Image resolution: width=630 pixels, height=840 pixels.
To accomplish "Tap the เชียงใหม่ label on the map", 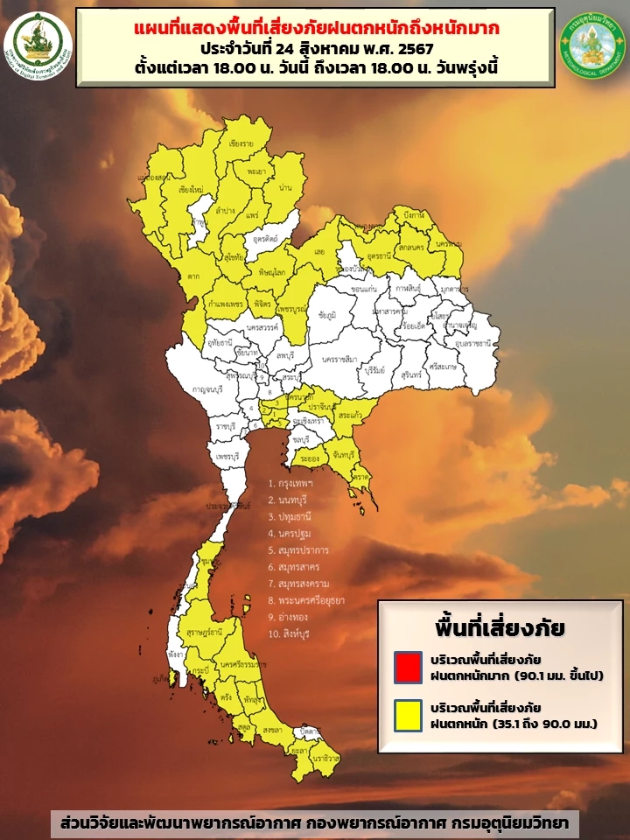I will pyautogui.click(x=191, y=189).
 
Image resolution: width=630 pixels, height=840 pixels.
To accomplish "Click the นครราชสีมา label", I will pyautogui.click(x=339, y=360).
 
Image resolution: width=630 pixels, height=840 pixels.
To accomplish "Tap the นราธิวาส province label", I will pyautogui.click(x=327, y=759).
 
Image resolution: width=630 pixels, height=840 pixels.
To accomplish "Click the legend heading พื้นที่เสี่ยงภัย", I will pyautogui.click(x=500, y=628).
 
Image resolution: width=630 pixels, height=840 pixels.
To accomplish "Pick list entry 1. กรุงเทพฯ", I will pyautogui.click(x=292, y=483).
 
